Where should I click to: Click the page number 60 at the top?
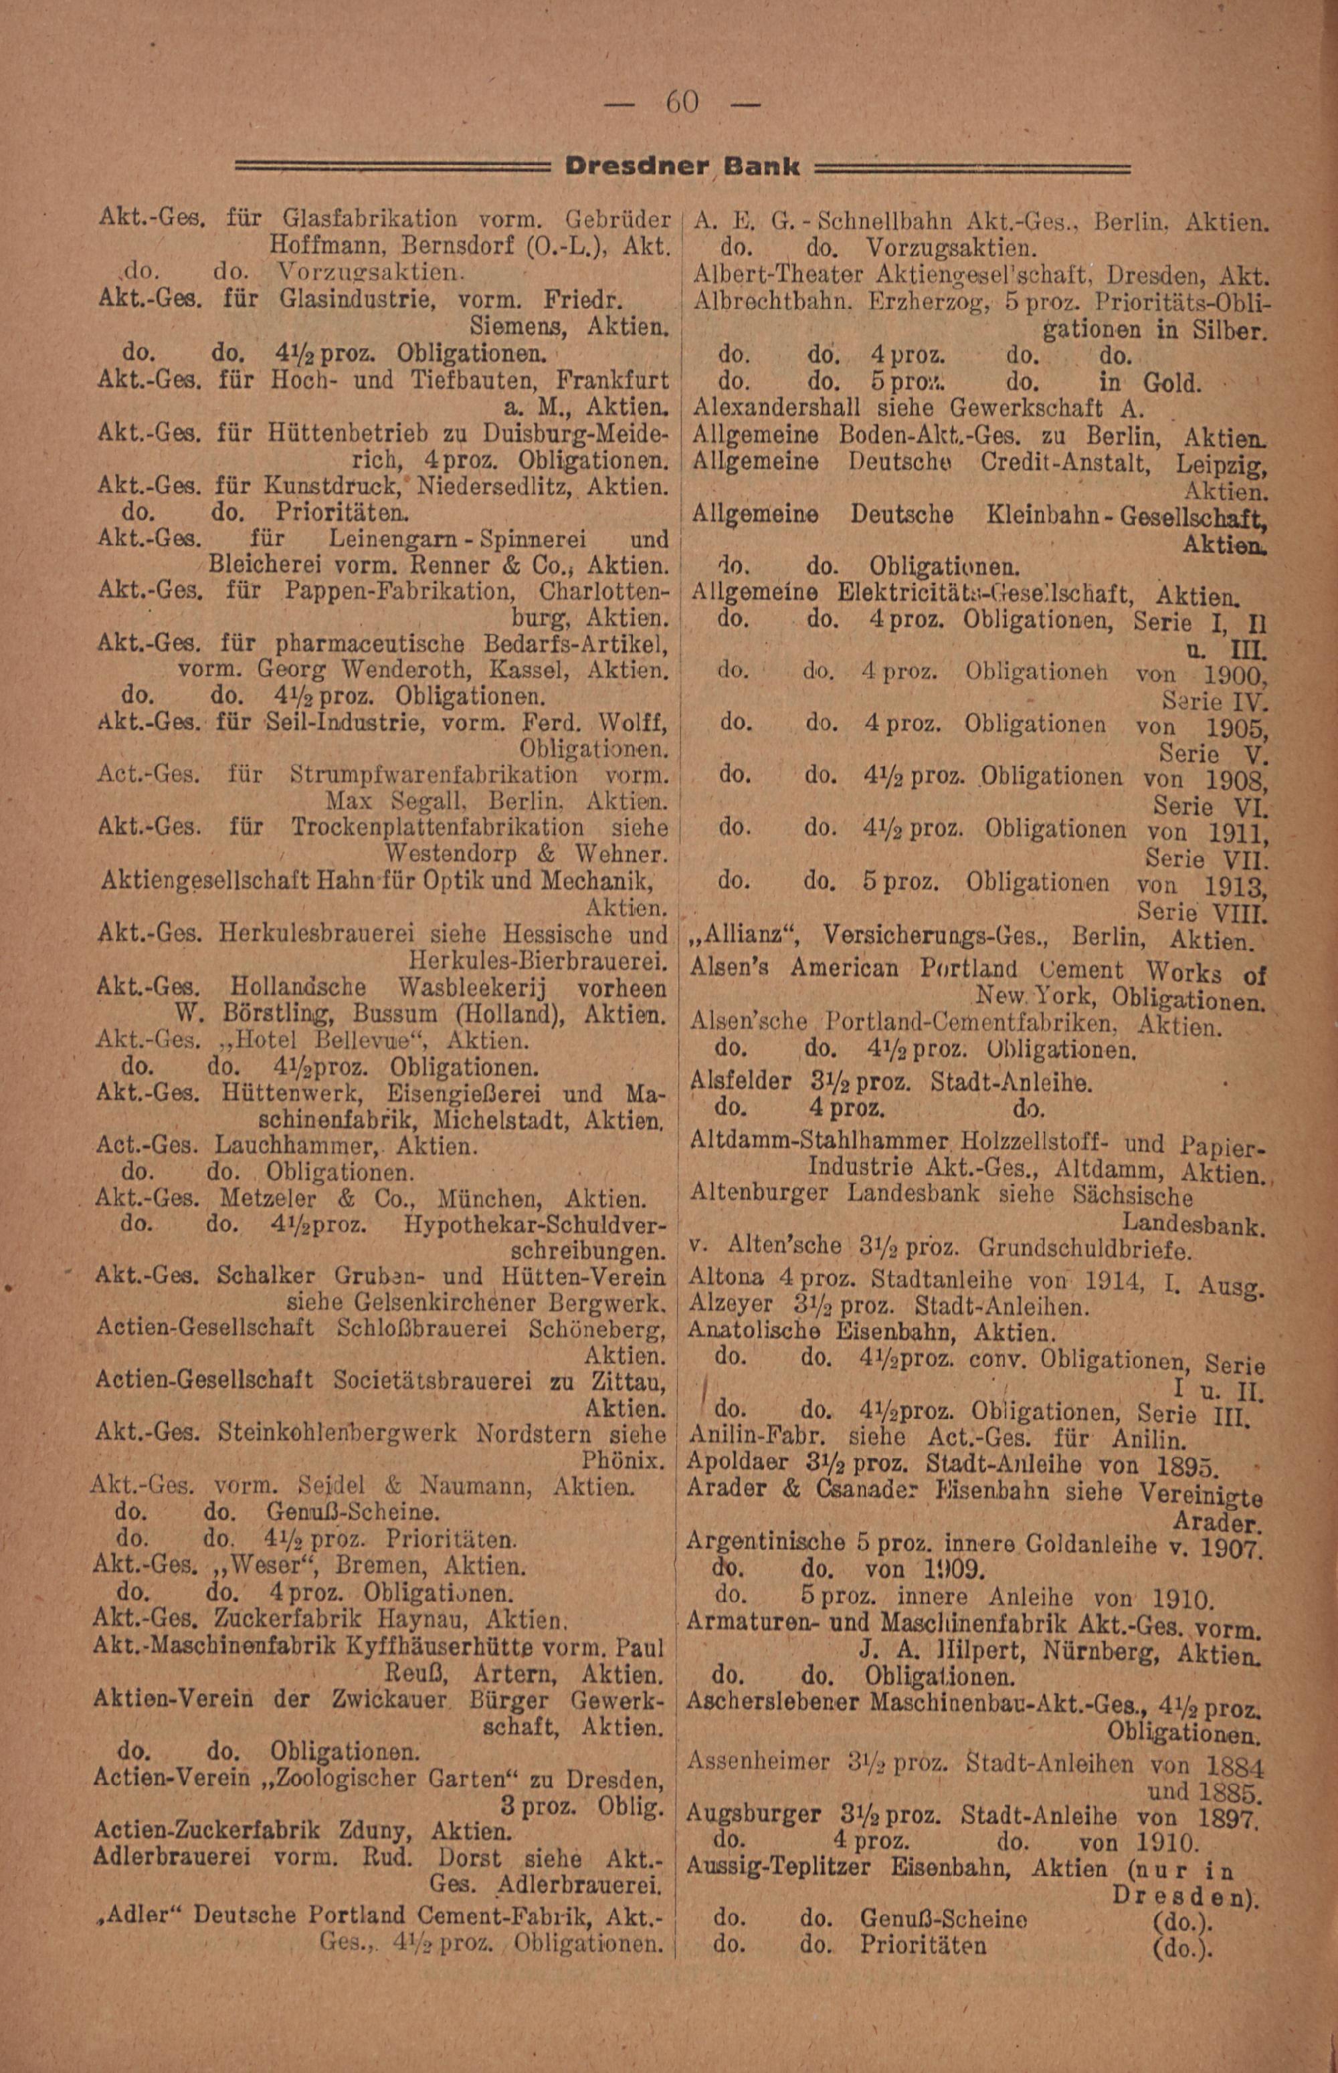[681, 102]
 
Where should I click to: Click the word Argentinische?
[765, 1541]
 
